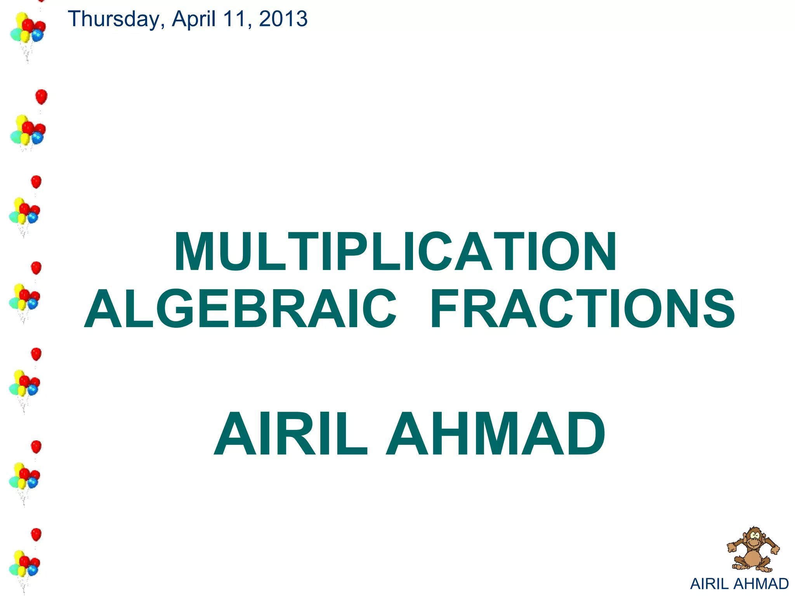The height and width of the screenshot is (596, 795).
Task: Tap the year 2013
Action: point(283,19)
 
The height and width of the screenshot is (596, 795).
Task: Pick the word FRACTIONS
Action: point(582,309)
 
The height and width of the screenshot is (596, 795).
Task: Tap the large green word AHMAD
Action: point(495,434)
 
